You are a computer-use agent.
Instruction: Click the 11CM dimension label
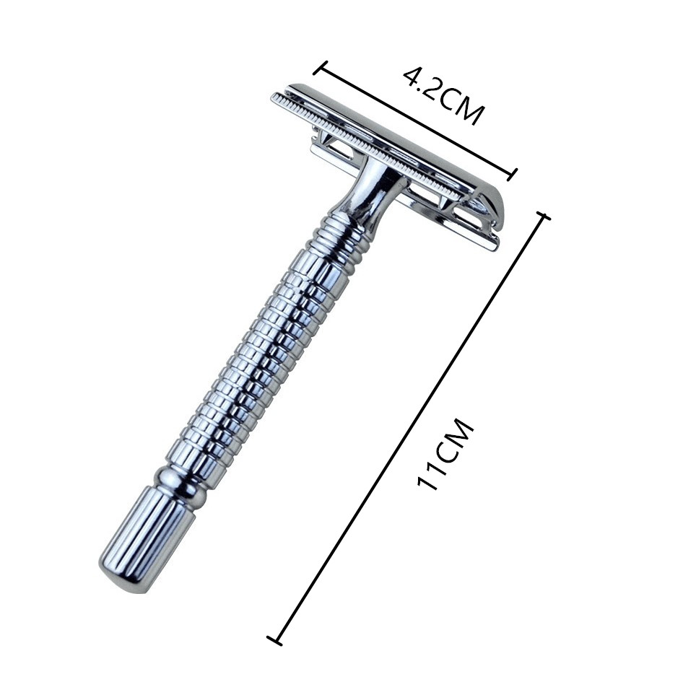point(446,454)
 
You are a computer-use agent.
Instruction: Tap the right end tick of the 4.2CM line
point(512,175)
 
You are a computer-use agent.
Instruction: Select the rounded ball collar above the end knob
point(180,487)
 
